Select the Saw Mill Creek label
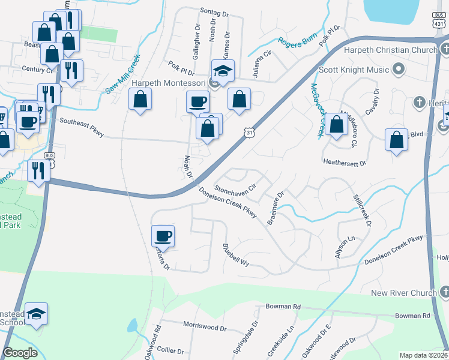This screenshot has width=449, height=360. (x=122, y=74)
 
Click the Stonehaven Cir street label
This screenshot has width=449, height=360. (x=235, y=182)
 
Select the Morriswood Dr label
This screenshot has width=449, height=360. (x=205, y=329)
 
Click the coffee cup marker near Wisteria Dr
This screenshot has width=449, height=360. (x=164, y=236)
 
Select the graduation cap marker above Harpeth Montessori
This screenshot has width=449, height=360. (x=223, y=71)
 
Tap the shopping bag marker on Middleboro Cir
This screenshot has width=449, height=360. (x=337, y=125)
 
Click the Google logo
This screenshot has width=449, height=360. (x=20, y=353)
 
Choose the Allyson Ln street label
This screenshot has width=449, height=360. (x=345, y=247)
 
